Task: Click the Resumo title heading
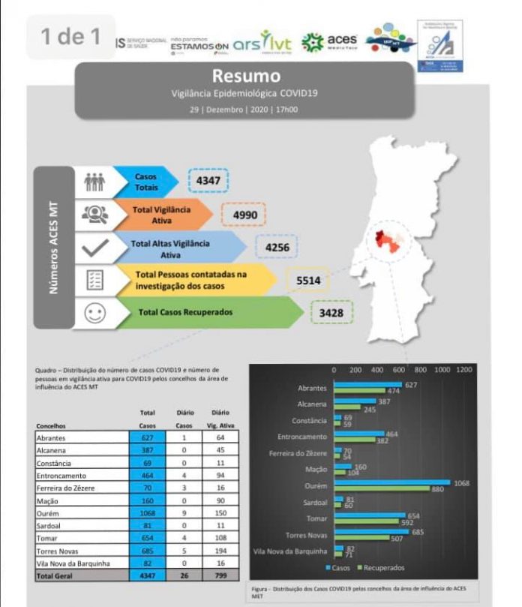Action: [246, 76]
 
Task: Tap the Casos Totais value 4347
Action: [208, 181]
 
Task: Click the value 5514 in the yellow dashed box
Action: [307, 280]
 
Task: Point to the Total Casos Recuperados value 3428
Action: [331, 312]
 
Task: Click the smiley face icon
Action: [95, 313]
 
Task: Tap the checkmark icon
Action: [95, 247]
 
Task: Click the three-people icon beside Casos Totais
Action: [95, 182]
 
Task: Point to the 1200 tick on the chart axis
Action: [463, 370]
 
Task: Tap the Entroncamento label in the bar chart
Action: [302, 436]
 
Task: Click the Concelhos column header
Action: [51, 425]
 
